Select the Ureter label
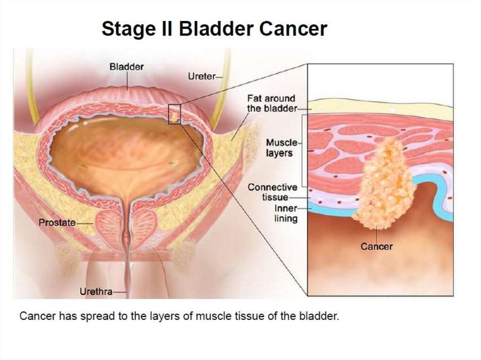[202, 76]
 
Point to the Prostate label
[57, 222]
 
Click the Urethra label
[96, 291]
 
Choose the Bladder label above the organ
[126, 67]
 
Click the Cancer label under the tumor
[376, 246]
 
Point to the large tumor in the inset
[383, 188]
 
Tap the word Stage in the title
[125, 29]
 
